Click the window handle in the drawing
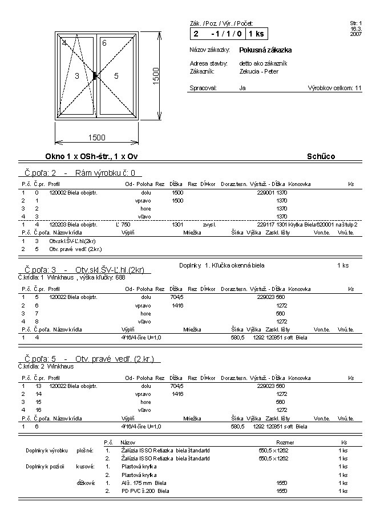pyautogui.click(x=95, y=75)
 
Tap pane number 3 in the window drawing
pyautogui.click(x=76, y=75)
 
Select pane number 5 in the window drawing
pyautogui.click(x=116, y=75)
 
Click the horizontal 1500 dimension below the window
pyautogui.click(x=96, y=137)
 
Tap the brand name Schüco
pyautogui.click(x=321, y=156)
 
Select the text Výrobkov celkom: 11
pyautogui.click(x=334, y=88)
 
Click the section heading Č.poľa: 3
pyautogui.click(x=84, y=269)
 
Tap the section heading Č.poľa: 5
pyautogui.click(x=88, y=359)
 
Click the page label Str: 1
pyautogui.click(x=355, y=23)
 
